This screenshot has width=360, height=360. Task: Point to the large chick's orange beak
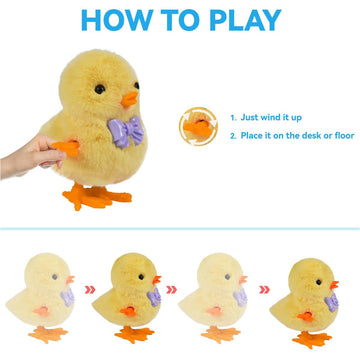[128, 100]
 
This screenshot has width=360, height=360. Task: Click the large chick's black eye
[100, 90]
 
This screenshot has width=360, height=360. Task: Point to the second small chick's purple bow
[154, 296]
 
